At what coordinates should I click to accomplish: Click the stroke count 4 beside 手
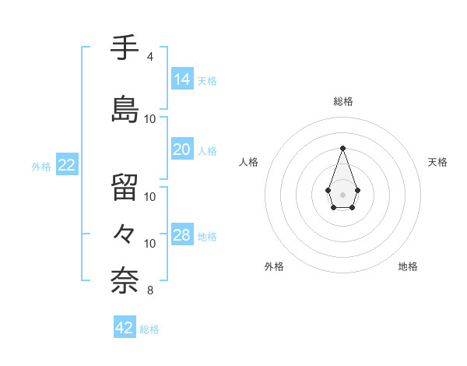[149, 57]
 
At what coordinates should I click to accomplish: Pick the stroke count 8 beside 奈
[149, 291]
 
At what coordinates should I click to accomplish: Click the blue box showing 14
[181, 80]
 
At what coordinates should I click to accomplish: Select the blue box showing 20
[181, 150]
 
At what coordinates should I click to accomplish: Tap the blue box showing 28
[181, 236]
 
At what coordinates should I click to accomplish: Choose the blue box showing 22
[66, 165]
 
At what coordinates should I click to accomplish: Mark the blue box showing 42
[125, 328]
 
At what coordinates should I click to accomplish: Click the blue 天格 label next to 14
[207, 81]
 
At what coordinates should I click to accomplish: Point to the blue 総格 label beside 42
[149, 329]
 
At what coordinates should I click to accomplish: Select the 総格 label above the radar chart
[342, 101]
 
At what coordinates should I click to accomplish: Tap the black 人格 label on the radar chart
[248, 162]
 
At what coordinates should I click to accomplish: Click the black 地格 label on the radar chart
[408, 266]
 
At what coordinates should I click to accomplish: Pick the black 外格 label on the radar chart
[274, 266]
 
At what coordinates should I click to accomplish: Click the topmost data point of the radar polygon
[342, 148]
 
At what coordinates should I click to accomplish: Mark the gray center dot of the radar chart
[342, 193]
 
